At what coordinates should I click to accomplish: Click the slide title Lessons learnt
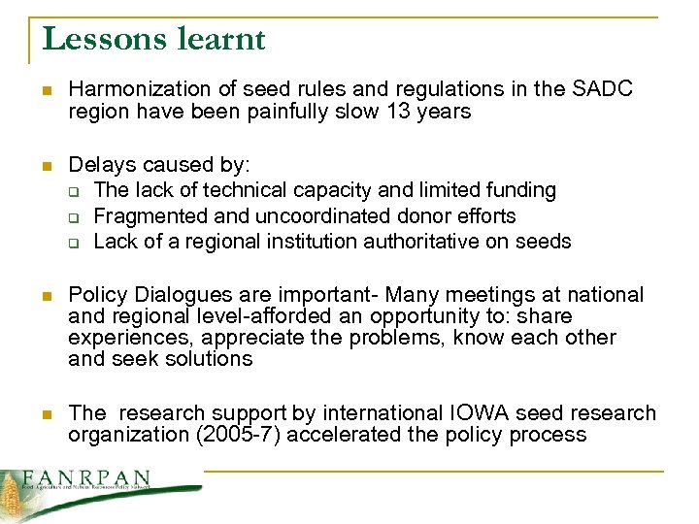point(153,39)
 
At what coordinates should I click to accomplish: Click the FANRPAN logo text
point(87,478)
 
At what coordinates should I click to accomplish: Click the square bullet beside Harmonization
point(36,90)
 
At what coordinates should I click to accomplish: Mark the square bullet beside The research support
point(36,414)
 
